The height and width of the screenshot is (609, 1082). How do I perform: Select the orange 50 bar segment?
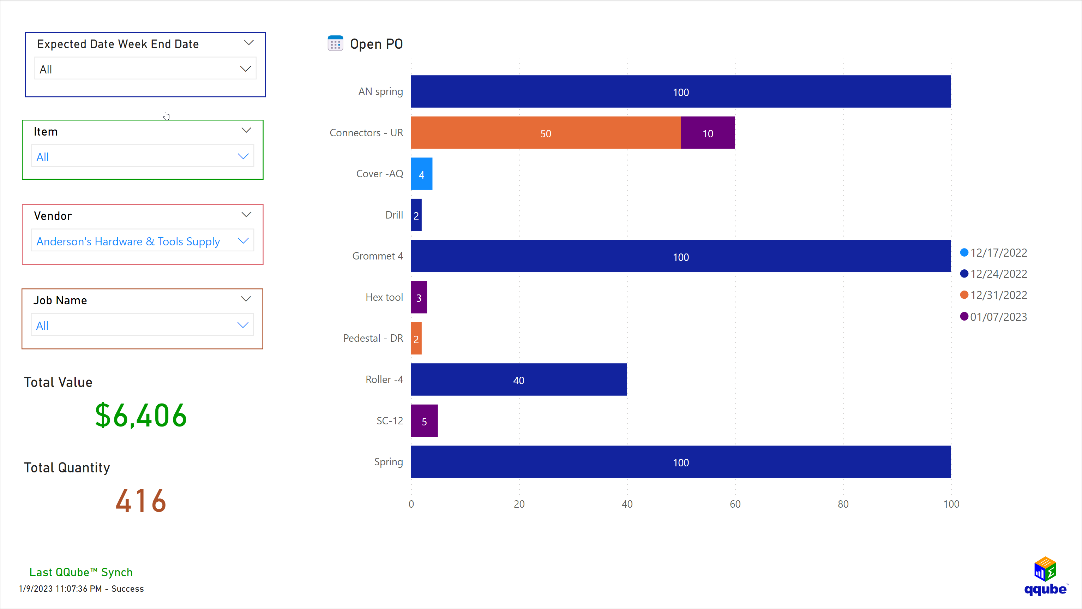pos(545,133)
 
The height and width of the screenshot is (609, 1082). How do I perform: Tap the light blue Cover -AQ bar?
pos(421,174)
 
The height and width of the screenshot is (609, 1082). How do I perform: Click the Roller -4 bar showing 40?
pos(518,380)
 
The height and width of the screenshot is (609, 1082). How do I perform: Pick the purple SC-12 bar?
pos(424,421)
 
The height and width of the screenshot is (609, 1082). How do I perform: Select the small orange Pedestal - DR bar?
pos(416,339)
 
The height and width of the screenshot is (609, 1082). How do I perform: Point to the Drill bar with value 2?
pos(416,215)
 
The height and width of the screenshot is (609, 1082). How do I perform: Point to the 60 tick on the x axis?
pos(735,504)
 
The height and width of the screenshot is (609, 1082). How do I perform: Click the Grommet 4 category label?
pos(377,256)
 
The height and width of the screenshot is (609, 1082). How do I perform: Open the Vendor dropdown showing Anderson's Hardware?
pos(142,241)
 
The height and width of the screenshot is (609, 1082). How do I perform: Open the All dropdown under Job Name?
pos(142,325)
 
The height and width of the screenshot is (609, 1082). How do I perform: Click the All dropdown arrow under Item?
pos(243,156)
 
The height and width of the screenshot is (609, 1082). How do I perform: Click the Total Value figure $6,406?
pos(141,416)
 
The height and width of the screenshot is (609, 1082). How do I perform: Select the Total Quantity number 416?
pos(141,501)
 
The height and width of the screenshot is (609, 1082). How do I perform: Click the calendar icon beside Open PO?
pos(335,43)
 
